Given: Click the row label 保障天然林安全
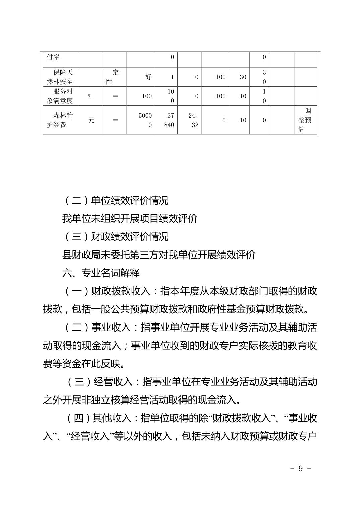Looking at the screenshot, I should pyautogui.click(x=60, y=77).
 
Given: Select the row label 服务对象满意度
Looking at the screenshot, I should pyautogui.click(x=60, y=96).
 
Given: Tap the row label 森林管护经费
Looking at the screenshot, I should pyautogui.click(x=60, y=120).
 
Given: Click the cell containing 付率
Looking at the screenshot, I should pyautogui.click(x=53, y=57).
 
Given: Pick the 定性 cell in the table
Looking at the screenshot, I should pyautogui.click(x=114, y=77).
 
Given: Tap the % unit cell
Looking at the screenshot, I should pyautogui.click(x=90, y=96).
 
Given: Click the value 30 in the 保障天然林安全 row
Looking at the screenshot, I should pyautogui.click(x=243, y=77).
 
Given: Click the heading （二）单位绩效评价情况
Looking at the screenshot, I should pyautogui.click(x=116, y=201).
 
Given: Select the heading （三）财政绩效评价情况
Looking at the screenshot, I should pyautogui.click(x=116, y=237).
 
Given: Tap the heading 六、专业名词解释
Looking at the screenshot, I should pyautogui.click(x=101, y=273).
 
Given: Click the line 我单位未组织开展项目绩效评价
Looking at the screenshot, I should pyautogui.click(x=130, y=219).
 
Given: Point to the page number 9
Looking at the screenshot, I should pyautogui.click(x=300, y=468).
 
